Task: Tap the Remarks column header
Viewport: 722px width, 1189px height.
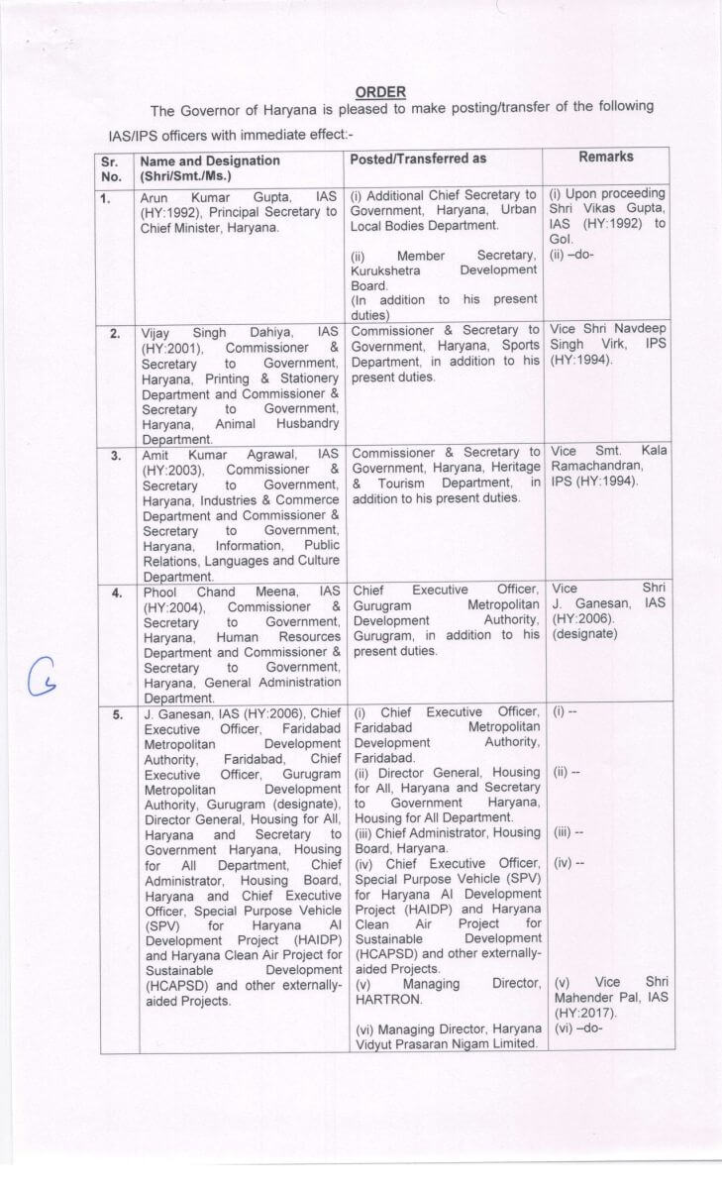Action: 606,157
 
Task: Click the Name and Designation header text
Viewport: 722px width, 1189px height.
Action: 210,161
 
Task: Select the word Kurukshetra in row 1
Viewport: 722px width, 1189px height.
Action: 389,270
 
